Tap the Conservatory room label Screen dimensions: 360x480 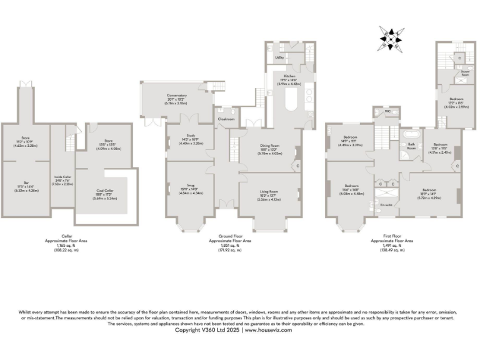point(177,95)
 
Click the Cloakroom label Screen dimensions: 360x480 point(226,118)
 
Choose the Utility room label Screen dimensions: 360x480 point(279,57)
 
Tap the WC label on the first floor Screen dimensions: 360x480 point(387,111)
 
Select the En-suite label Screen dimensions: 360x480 point(385,203)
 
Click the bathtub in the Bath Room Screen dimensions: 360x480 point(411,134)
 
